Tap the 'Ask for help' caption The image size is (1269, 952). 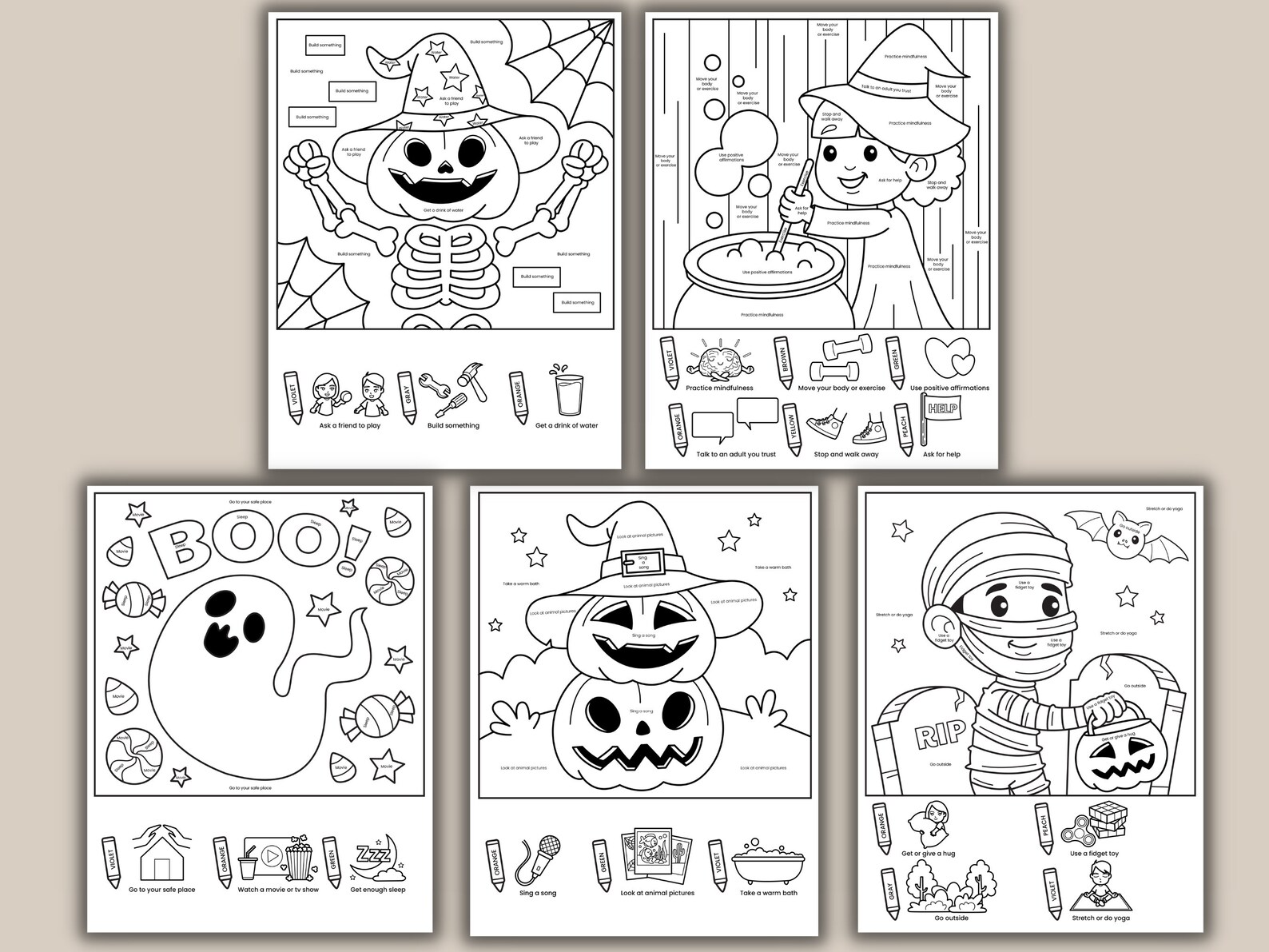[941, 454]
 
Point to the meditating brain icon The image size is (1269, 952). [719, 360]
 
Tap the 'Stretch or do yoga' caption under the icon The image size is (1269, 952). [1100, 918]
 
